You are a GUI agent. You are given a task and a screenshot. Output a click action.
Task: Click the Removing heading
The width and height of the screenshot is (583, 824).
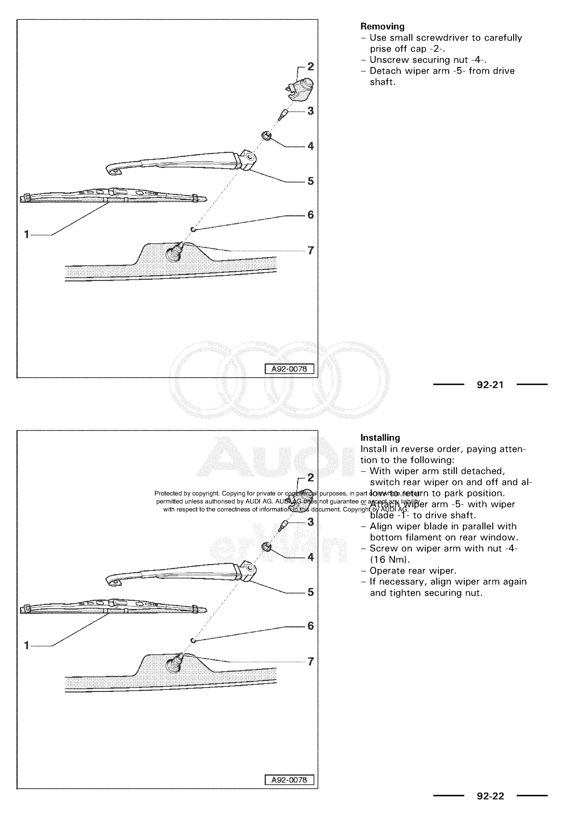click(x=382, y=26)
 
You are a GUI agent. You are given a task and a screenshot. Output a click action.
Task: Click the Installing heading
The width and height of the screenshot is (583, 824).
click(x=380, y=438)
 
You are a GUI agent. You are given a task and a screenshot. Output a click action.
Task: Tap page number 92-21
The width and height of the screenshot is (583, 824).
click(x=490, y=385)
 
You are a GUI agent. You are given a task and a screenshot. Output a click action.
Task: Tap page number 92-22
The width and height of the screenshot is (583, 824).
click(x=490, y=796)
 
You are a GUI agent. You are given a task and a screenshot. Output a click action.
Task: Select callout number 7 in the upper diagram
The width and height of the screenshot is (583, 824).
click(x=311, y=250)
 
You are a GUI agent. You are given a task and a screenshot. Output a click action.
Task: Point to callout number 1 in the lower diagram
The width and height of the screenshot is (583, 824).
click(x=26, y=645)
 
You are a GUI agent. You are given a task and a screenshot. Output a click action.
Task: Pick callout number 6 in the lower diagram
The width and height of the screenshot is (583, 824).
click(x=311, y=626)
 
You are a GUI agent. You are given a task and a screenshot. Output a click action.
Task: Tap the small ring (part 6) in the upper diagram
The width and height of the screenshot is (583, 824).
click(x=193, y=229)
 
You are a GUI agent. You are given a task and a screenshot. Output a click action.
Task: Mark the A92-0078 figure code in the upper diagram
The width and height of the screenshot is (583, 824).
click(x=289, y=369)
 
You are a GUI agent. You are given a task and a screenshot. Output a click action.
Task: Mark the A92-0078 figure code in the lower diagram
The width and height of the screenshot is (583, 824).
click(x=289, y=780)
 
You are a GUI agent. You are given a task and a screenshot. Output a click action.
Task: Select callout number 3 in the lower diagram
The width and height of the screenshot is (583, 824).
click(x=311, y=522)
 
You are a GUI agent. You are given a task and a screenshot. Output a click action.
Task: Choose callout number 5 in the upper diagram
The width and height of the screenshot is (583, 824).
click(x=311, y=181)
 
